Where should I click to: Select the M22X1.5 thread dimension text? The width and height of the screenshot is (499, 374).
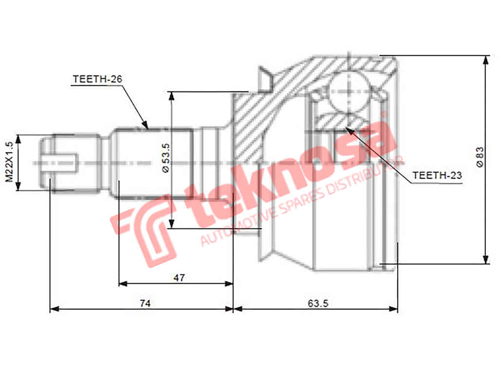coord(9,162)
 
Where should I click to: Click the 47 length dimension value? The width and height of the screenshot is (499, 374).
coord(179,278)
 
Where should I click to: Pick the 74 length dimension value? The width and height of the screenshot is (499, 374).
coord(145,303)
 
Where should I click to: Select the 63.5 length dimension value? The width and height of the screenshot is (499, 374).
coord(318,303)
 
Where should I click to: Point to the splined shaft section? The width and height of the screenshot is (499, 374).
coord(154,162)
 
